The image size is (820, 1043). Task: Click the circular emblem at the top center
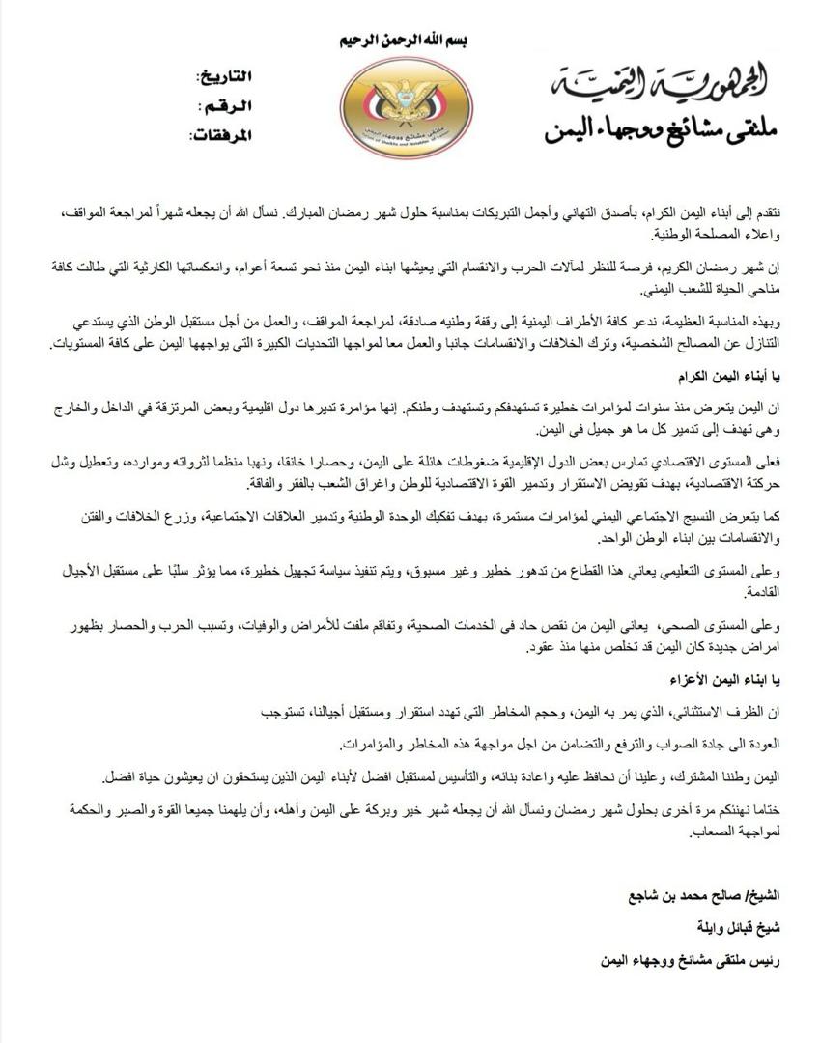pyautogui.click(x=406, y=106)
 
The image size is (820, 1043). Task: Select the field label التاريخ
pyautogui.click(x=224, y=76)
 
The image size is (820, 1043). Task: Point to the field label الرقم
pyautogui.click(x=225, y=105)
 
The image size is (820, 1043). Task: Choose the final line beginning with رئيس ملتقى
pyautogui.click(x=684, y=959)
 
